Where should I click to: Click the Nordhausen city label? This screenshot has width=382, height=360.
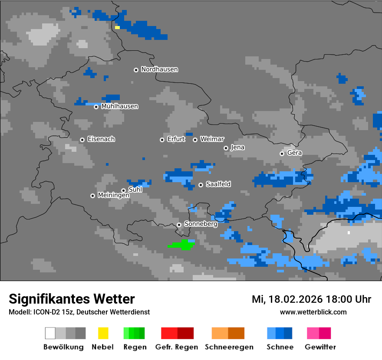point(159,69)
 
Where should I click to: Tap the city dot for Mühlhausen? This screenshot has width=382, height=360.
point(96,107)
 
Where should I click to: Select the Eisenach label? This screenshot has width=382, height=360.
point(101,139)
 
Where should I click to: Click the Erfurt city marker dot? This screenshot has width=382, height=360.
point(162,140)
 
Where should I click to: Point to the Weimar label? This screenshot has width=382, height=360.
point(212,139)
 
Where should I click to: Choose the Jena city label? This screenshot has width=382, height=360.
point(237,147)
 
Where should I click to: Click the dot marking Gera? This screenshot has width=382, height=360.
point(282,154)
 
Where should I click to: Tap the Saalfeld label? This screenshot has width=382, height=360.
point(218,184)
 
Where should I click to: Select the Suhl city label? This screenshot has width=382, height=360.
point(135,190)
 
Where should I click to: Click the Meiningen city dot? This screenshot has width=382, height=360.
point(92,196)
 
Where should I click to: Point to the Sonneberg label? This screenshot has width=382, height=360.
point(201,224)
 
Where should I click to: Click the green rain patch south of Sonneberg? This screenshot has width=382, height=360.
point(183,245)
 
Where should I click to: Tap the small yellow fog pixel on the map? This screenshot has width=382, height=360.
point(117,27)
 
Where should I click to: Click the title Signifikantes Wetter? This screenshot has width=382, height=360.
point(72,299)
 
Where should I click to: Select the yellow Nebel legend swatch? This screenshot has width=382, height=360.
point(103,333)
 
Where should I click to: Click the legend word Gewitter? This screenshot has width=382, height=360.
point(320,347)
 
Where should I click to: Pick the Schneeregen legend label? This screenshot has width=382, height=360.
point(229,347)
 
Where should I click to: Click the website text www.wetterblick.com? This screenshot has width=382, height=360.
point(313,312)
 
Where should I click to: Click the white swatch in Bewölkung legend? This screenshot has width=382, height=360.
point(50,333)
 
